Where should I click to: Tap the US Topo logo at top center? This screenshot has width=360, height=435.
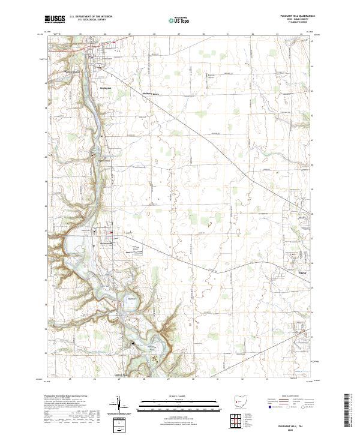[x=173, y=20]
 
